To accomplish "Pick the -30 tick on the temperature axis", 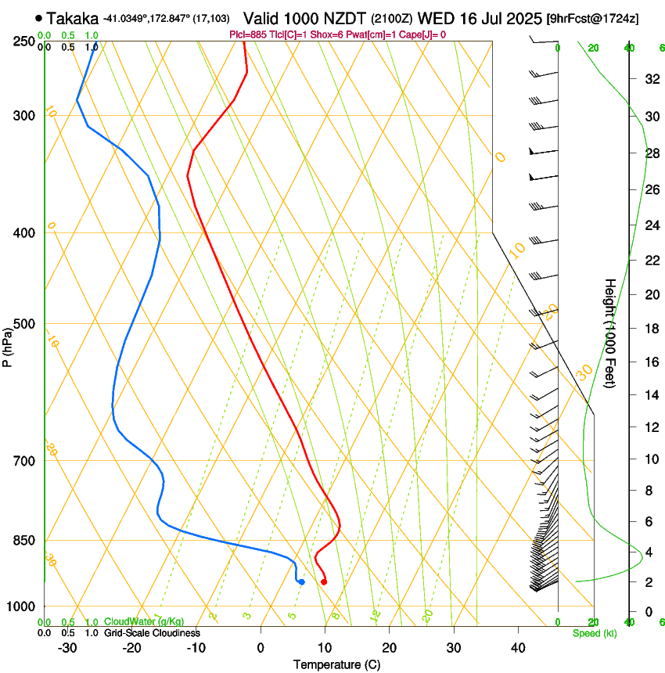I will [67, 647].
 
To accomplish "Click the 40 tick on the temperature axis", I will [518, 647].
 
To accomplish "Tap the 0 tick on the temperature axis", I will [261, 647].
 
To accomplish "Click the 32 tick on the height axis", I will [650, 79].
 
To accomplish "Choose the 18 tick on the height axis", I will [650, 329].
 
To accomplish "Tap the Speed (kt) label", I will [594, 633].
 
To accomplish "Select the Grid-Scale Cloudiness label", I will [151, 633].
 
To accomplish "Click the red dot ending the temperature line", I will [324, 581].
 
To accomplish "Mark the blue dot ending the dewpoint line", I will [301, 581].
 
